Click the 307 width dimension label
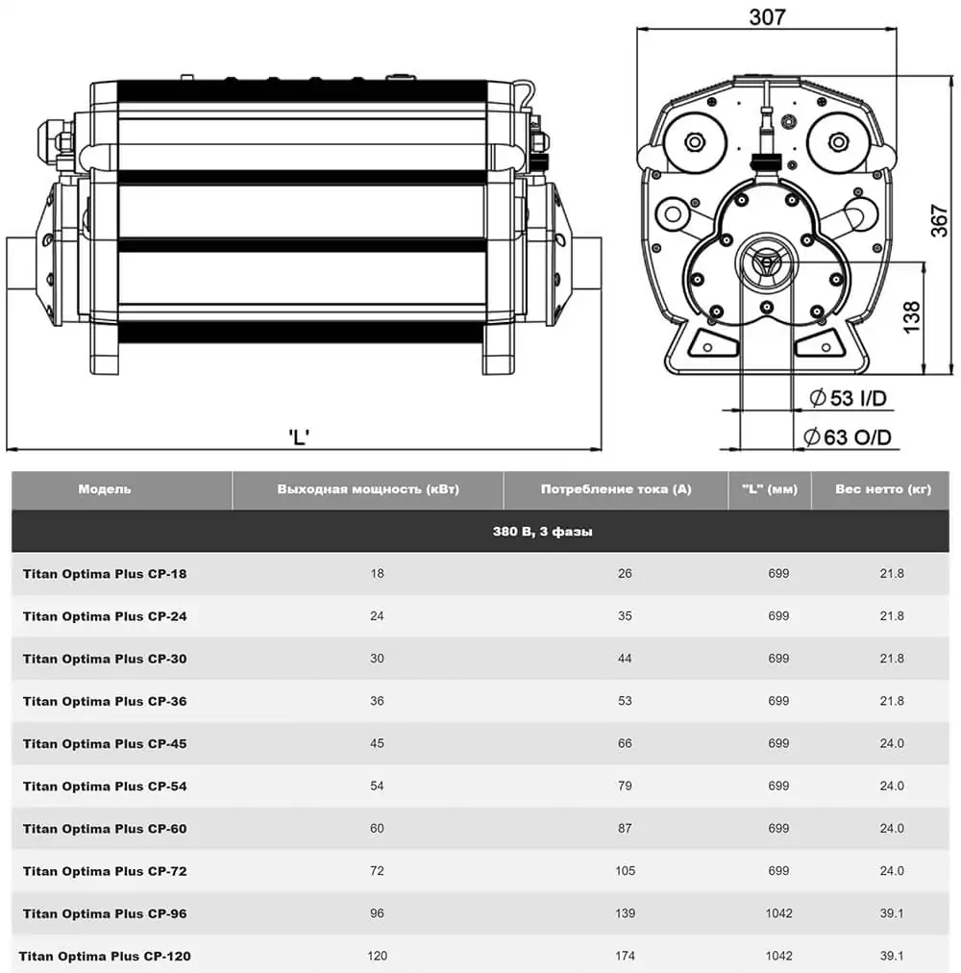[x=767, y=17]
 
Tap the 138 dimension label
[x=912, y=316]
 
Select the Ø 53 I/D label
[x=848, y=397]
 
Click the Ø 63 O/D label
[x=848, y=437]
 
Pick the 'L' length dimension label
[x=299, y=437]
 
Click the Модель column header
[x=104, y=489]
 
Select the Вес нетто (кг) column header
[x=883, y=489]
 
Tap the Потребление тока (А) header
[x=615, y=489]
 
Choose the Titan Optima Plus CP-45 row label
[x=105, y=743]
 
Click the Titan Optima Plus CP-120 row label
[x=105, y=956]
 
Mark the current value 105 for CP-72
[x=625, y=871]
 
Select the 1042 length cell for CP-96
[x=778, y=913]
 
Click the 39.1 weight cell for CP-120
[x=892, y=956]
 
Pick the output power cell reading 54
[x=377, y=786]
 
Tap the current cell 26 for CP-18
[x=625, y=574]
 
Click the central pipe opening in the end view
[x=765, y=260]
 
